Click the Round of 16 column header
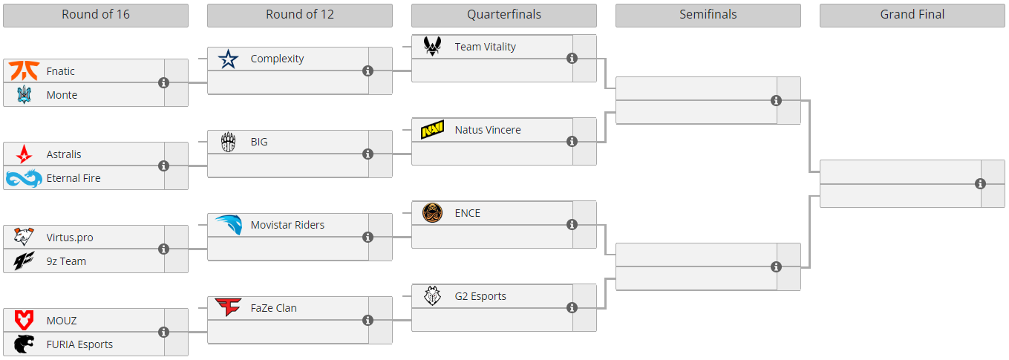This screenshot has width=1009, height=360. pos(96,15)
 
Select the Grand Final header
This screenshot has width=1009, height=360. pos(912,15)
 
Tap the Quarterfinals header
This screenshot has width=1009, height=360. pos(503,15)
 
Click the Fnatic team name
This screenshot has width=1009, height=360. pos(60,71)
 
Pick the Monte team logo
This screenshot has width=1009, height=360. pos(24,95)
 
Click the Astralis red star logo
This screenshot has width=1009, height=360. pos(24,154)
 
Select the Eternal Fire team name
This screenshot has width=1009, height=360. pos(73,178)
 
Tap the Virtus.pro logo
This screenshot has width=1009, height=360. pos(24,238)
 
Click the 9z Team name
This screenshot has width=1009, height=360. pos(66,261)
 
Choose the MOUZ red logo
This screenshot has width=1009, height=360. pos(24,321)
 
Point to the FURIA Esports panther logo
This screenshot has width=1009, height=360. pos(24,344)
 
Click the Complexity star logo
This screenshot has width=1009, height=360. pos(228,59)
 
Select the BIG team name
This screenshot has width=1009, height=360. pos(259,142)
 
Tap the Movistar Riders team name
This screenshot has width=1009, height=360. pos(287,225)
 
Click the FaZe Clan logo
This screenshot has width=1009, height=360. pos(228,307)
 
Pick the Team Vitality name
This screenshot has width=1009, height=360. pos(485,47)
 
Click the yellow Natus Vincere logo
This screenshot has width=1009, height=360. pos(432,130)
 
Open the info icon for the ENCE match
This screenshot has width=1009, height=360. pos(572,225)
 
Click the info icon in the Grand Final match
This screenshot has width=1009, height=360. pos(980,183)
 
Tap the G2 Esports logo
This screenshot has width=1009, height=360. pos(432,296)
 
